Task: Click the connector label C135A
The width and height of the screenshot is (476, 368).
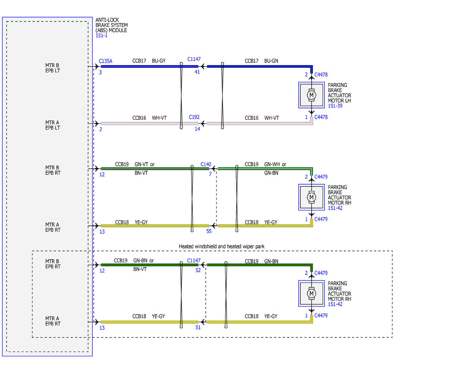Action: [x=106, y=61]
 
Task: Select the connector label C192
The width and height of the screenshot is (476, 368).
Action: [x=194, y=117]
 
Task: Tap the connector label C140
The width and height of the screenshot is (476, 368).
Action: [x=206, y=164]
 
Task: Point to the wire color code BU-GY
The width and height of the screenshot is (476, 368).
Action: [x=159, y=61]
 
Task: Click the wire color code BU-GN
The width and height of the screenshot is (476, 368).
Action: [x=271, y=61]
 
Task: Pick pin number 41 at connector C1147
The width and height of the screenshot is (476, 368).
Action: [x=197, y=72]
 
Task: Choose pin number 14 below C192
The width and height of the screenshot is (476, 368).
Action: [x=197, y=129]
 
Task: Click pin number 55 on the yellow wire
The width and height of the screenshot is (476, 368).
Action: [x=209, y=231]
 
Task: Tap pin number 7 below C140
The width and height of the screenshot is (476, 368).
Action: [x=210, y=174]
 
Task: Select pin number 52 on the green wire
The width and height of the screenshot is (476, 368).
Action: [x=198, y=270]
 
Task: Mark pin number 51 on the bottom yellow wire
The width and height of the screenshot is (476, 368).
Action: [x=198, y=328]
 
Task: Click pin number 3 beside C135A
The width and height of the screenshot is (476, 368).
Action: [x=100, y=72]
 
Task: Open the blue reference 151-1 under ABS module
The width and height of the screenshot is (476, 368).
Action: [x=102, y=35]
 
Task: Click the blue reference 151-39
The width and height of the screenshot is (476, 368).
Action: [x=335, y=106]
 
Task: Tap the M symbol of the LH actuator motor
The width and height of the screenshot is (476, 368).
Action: [x=311, y=95]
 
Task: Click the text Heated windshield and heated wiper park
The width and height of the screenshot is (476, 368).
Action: [x=221, y=247]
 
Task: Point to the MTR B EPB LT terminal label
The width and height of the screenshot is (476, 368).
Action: [x=52, y=68]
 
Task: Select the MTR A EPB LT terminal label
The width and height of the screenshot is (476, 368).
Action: [x=52, y=125]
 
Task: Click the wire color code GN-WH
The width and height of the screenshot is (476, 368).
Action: [x=272, y=164]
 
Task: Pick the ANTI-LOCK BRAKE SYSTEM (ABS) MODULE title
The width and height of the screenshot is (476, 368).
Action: [x=111, y=25]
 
